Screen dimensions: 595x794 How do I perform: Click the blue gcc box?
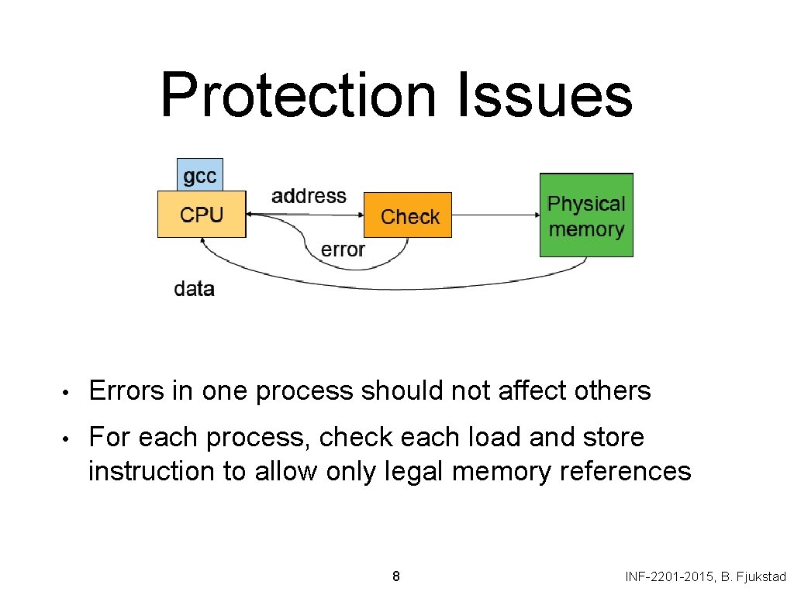[200, 175]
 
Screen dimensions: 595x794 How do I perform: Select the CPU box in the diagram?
[202, 215]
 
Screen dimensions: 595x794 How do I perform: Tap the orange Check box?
[409, 216]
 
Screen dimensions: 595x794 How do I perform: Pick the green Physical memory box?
[586, 215]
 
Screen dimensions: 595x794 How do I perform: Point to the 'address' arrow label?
[309, 196]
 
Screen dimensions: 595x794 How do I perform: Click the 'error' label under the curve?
[343, 249]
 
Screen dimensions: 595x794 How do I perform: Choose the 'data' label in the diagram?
[194, 289]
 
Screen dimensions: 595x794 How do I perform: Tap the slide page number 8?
[396, 576]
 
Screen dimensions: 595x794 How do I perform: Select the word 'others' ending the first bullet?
[613, 391]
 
